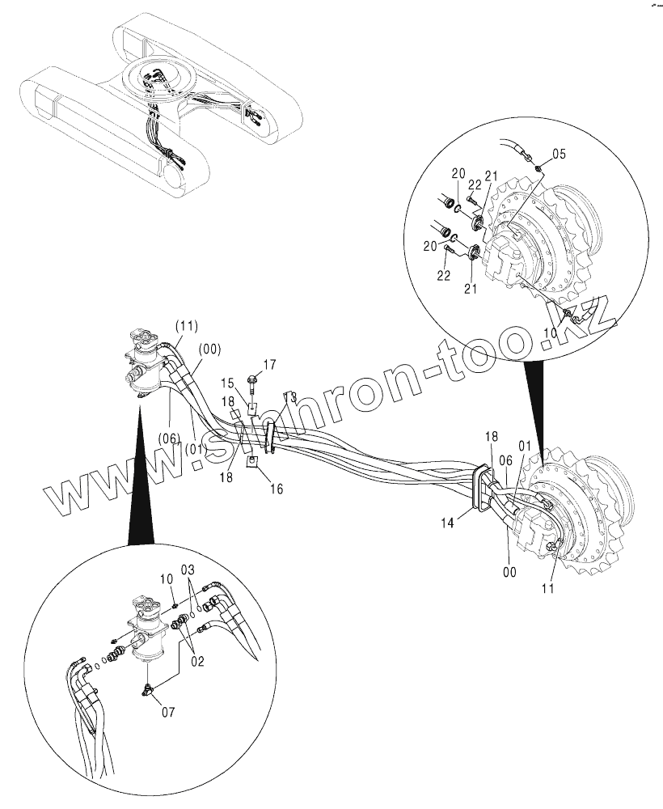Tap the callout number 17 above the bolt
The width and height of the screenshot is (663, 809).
tap(269, 364)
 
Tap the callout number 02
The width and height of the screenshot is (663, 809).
tap(197, 660)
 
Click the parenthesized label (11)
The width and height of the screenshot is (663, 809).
tap(186, 326)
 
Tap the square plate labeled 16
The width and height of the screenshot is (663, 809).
tap(253, 462)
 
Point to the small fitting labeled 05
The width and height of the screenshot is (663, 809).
tap(538, 167)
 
